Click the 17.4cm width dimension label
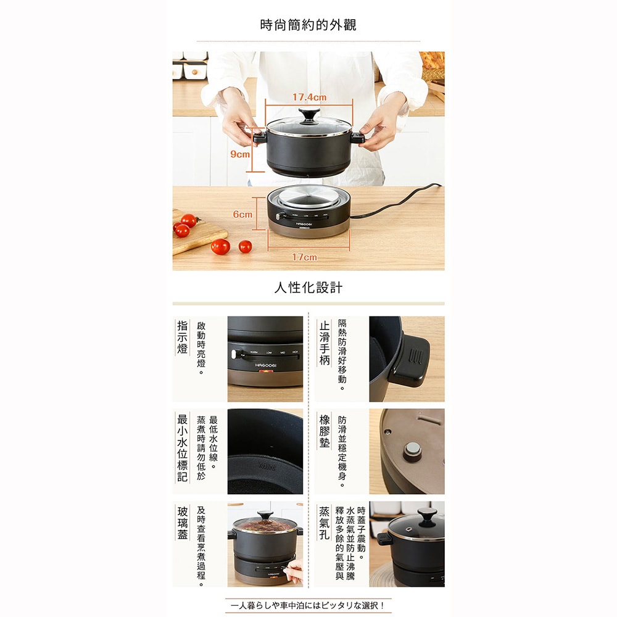tap(309, 97)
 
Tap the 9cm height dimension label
tap(240, 154)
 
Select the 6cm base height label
tap(242, 215)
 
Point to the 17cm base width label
tap(304, 257)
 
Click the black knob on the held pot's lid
tap(309, 116)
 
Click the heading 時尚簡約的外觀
tap(308, 25)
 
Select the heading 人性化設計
tap(308, 288)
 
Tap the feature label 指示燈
tap(182, 337)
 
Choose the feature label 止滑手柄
tap(325, 342)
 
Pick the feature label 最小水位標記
tap(182, 448)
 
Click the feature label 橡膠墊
tap(325, 431)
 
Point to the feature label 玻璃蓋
tap(182, 523)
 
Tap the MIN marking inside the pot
tap(267, 466)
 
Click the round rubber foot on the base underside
tap(412, 451)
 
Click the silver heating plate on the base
tap(308, 196)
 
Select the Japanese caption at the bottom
tap(308, 605)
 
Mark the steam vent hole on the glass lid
tap(407, 529)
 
